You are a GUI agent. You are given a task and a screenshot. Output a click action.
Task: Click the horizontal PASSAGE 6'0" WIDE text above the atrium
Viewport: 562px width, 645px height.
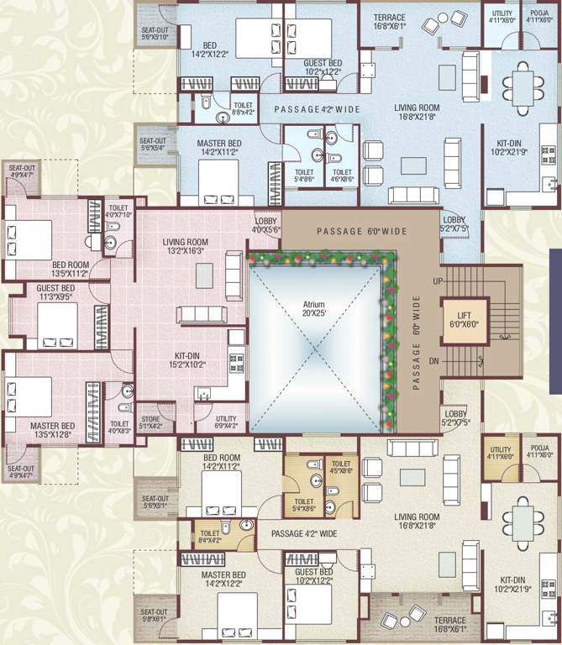[x=361, y=232]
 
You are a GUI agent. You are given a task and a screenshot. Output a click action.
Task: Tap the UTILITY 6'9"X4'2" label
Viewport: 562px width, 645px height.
[x=226, y=422]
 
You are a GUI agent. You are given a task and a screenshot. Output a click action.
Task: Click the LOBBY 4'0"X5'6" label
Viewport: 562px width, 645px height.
[x=266, y=225]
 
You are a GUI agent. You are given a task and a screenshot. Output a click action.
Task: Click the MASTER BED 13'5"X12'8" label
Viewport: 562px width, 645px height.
[x=53, y=430]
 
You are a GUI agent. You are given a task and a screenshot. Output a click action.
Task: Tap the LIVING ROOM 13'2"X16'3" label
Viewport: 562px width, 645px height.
[x=186, y=245]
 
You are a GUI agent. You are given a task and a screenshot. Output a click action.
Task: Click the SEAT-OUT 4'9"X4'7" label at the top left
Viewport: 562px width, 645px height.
[x=21, y=171]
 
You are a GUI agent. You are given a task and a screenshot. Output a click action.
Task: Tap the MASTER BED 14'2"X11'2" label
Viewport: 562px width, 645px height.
[x=218, y=148]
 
